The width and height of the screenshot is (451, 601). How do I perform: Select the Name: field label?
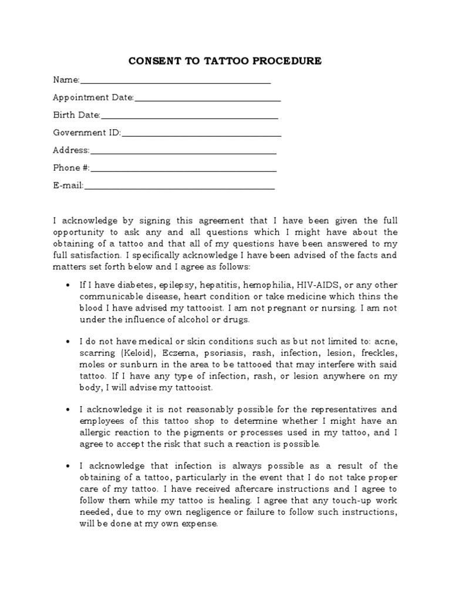coord(66,80)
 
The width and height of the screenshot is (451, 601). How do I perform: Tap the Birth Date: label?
coord(77,115)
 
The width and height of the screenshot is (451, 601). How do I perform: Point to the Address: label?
coord(71,150)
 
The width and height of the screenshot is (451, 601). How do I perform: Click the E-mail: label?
coord(69,185)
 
